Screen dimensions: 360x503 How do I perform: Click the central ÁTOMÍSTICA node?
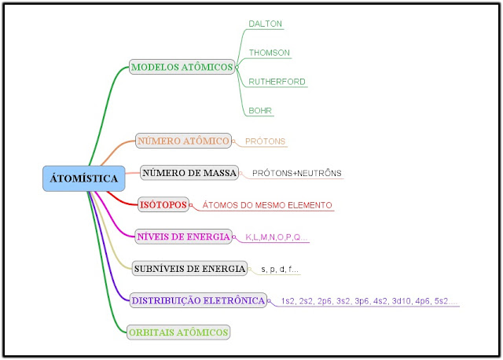coord(83,178)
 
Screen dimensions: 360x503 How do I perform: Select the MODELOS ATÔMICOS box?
coord(182,68)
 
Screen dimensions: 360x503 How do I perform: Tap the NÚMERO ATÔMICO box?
coord(183,141)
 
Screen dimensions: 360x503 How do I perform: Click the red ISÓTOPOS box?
coord(163,205)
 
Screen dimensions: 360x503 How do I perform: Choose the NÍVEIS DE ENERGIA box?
coord(183,237)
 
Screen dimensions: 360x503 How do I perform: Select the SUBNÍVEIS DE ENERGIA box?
coord(189,269)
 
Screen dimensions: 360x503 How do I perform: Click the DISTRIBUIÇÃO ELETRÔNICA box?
coord(198,300)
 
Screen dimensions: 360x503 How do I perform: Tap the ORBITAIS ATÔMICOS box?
coord(179,332)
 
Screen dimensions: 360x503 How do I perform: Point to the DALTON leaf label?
coord(265,24)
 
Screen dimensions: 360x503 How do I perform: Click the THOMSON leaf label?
coord(270,53)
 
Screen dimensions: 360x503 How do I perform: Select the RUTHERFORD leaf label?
coord(277,82)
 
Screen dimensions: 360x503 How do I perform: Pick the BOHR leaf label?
coord(260,111)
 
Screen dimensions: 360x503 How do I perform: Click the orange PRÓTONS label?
coord(266,142)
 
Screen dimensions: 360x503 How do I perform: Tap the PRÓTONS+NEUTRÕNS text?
coord(297,173)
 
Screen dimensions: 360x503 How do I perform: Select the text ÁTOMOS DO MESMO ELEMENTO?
coord(267,205)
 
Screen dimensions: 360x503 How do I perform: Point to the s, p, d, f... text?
coord(280,270)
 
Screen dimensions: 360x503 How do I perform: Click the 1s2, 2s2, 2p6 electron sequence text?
coord(369,301)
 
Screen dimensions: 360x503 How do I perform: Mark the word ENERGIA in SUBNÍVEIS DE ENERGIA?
coord(224,269)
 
